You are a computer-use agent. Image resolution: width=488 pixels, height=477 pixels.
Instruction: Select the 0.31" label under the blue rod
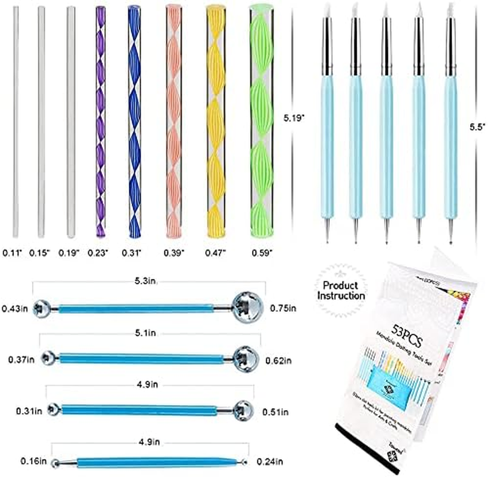click(133, 253)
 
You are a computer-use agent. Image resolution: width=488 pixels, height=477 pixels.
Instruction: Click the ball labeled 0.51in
click(241, 410)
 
